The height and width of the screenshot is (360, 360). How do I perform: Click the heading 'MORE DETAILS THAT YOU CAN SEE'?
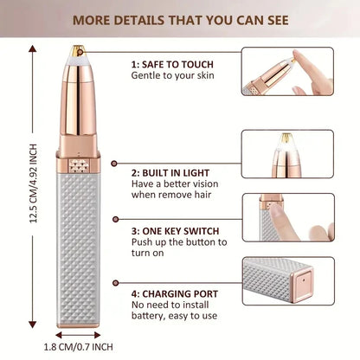(180, 19)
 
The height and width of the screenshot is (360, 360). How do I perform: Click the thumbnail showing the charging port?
(287, 282)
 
